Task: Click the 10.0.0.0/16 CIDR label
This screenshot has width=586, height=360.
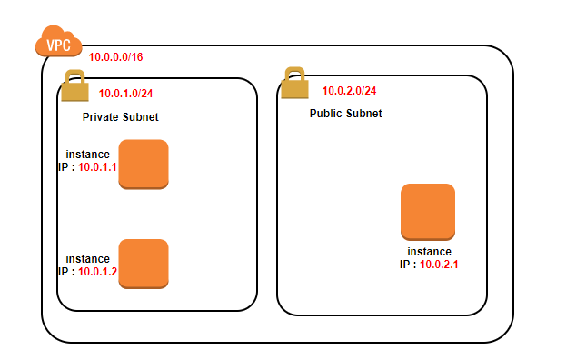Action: tap(115, 57)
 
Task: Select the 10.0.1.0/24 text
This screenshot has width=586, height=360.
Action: tap(126, 93)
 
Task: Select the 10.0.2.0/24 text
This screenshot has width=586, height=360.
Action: tap(349, 91)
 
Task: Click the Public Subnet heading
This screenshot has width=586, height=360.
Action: tap(345, 114)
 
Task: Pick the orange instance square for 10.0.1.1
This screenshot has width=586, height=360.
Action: tap(144, 164)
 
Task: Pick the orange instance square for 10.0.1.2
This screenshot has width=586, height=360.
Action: tap(144, 264)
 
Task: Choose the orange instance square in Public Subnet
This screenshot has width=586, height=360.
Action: tap(427, 212)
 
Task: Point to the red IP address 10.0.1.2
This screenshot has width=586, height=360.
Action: tap(97, 271)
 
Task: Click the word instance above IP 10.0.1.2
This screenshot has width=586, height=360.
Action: tap(88, 259)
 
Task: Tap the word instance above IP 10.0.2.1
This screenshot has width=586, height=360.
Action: tap(429, 252)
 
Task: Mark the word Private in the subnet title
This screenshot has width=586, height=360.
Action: tap(100, 118)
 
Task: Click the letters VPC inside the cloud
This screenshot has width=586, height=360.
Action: tap(59, 43)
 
